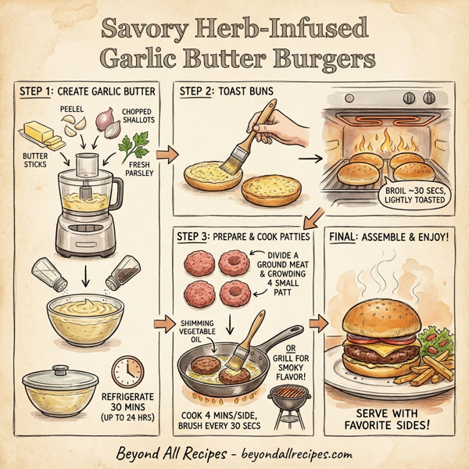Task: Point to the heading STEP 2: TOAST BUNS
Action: coord(227,91)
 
